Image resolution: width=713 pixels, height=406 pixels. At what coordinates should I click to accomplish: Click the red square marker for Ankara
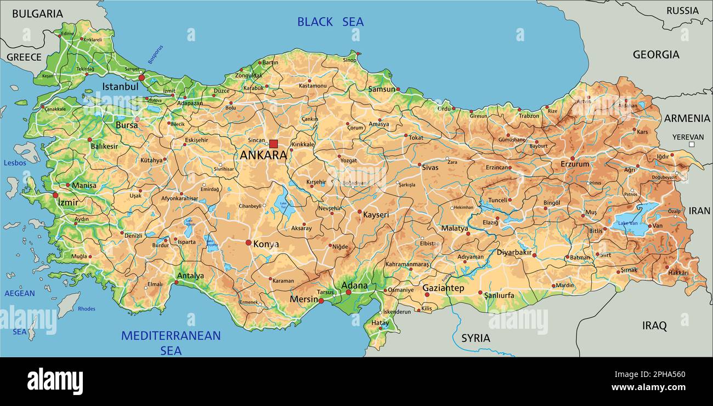(x=273, y=144)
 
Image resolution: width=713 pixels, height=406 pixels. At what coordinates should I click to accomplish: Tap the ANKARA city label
(x=263, y=155)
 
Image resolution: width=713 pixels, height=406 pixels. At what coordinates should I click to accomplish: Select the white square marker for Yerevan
(x=692, y=145)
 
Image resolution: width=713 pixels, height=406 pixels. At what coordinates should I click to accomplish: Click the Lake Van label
(x=627, y=223)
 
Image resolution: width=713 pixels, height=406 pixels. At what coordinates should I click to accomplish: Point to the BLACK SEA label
(x=330, y=22)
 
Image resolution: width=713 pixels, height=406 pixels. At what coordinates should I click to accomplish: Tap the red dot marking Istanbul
(x=142, y=78)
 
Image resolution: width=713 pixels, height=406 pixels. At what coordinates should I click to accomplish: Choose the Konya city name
(x=266, y=244)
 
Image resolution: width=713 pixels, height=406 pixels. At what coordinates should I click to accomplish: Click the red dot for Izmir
(x=55, y=195)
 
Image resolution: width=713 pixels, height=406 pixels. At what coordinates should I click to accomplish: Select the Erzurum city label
(x=575, y=164)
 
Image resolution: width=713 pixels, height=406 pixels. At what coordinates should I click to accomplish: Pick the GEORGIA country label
(x=656, y=54)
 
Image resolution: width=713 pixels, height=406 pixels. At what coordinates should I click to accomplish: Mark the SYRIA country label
(x=476, y=338)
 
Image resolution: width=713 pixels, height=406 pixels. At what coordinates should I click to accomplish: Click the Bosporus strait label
(x=155, y=55)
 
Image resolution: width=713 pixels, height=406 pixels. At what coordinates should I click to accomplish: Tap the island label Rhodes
(x=87, y=309)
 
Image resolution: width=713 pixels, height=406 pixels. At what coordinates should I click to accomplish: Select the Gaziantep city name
(x=443, y=288)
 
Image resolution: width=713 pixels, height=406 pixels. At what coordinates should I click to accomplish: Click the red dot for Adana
(x=348, y=292)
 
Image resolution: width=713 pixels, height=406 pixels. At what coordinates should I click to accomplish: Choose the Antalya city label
(x=191, y=276)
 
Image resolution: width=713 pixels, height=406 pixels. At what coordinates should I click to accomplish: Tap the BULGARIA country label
(x=37, y=14)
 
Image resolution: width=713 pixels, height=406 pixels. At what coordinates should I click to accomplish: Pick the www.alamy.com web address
(x=648, y=387)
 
